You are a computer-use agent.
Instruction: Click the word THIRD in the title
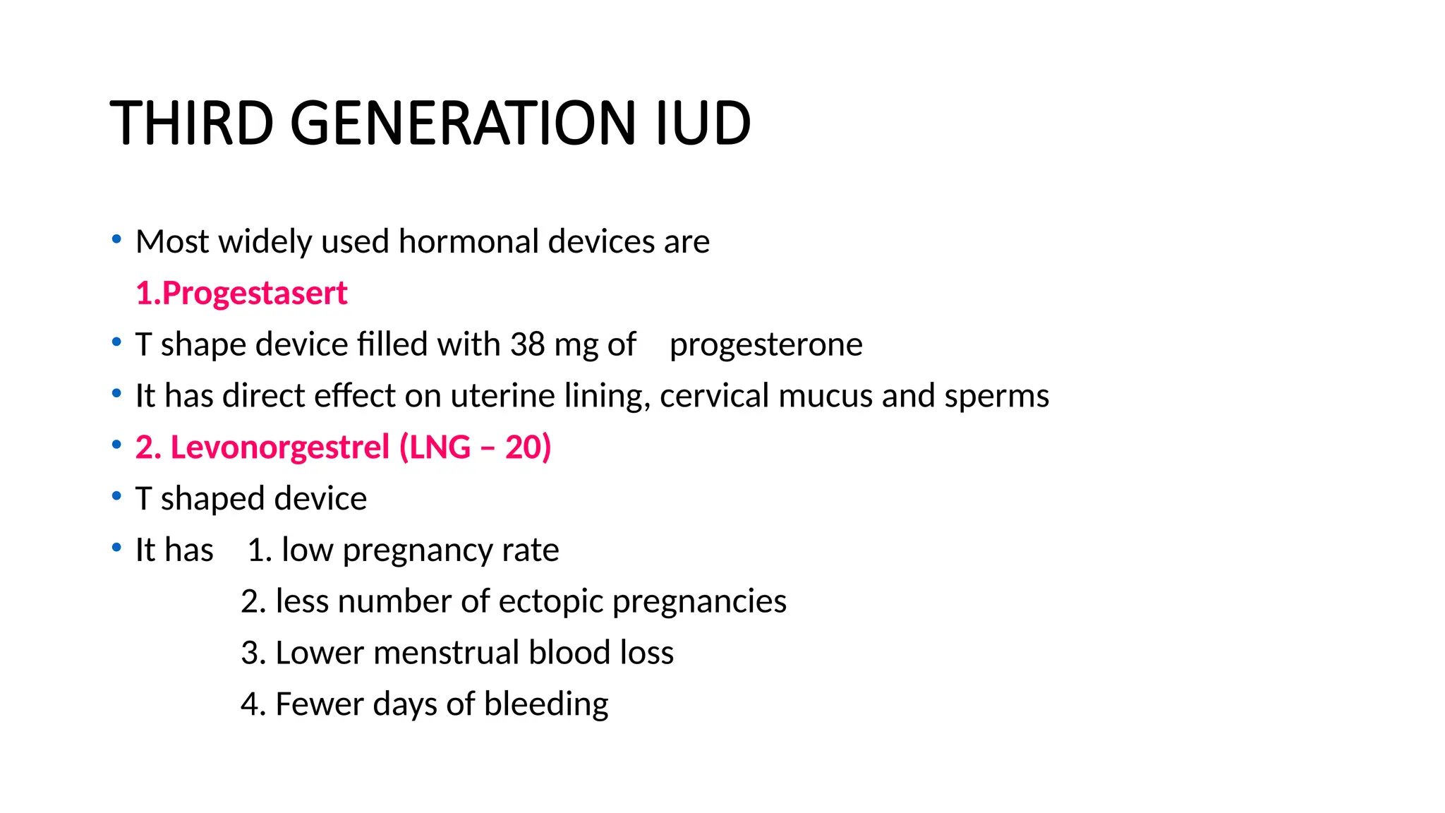pos(191,124)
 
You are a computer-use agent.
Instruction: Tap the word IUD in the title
pos(703,124)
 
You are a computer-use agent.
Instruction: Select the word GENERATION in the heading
pos(463,124)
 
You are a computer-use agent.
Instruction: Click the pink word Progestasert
pos(254,294)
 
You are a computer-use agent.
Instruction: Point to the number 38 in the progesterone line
pos(527,344)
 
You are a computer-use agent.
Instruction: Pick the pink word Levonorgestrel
pos(279,448)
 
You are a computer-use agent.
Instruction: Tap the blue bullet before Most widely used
pos(116,240)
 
